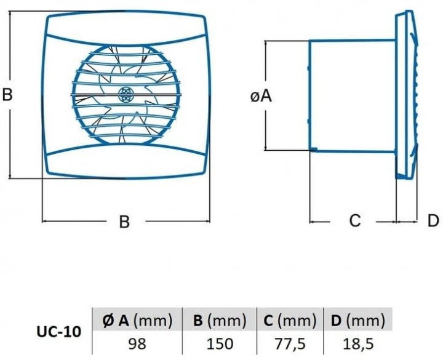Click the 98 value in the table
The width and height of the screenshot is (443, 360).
137,343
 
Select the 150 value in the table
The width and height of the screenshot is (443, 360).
220,343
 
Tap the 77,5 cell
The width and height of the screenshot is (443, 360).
290,343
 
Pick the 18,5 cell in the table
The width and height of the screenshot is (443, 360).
358,343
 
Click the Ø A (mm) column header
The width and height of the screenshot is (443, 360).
137,321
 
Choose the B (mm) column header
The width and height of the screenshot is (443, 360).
220,321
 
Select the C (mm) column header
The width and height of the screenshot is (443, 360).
290,321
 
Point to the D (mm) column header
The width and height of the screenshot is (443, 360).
358,321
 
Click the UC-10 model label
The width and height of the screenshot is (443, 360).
59,332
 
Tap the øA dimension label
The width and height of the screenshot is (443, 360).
261,96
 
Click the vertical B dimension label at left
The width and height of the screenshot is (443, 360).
7,94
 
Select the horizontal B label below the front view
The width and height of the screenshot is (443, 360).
124,222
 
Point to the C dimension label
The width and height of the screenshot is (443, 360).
355,220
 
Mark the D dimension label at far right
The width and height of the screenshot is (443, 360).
433,220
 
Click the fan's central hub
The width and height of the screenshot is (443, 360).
124,94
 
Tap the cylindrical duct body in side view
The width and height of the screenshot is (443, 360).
353,96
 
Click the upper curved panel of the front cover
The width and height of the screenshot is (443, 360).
126,30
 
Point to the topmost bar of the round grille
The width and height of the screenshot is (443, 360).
126,54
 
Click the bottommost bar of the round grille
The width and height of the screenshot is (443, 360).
126,135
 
